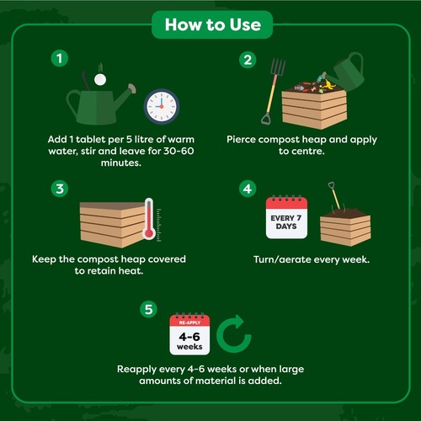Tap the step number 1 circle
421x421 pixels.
click(x=58, y=59)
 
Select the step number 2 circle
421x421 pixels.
click(x=248, y=59)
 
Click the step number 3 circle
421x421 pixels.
click(x=58, y=189)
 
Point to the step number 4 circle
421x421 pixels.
click(x=248, y=189)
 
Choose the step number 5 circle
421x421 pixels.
click(x=149, y=309)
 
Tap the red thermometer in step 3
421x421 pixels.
click(x=148, y=221)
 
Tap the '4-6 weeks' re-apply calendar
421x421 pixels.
click(x=189, y=334)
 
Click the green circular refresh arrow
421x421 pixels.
click(x=235, y=335)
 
